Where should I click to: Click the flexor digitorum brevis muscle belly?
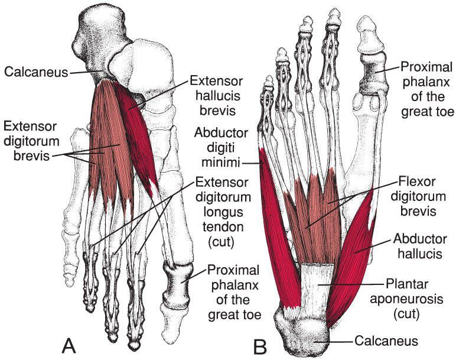[x=316, y=207]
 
